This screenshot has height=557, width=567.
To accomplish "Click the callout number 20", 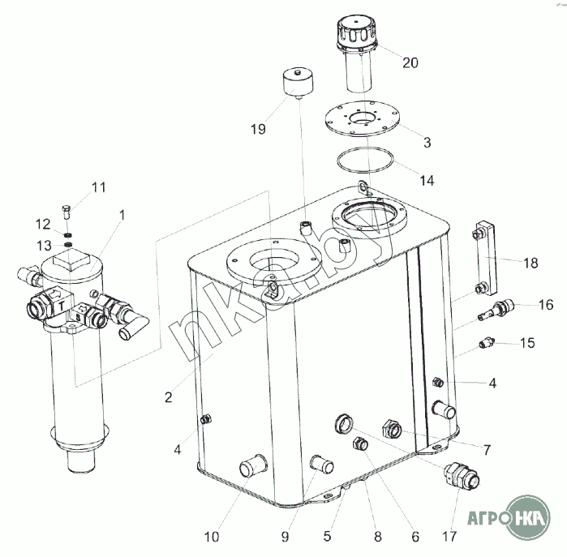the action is (x=410, y=62).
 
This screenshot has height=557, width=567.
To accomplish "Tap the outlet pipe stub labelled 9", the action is (x=321, y=464).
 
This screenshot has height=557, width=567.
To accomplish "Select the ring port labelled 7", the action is (x=343, y=422).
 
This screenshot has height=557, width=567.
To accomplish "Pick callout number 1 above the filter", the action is (x=122, y=216).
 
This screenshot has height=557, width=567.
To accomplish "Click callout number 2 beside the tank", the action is (x=167, y=397).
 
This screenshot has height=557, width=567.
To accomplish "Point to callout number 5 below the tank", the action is (x=328, y=536).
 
